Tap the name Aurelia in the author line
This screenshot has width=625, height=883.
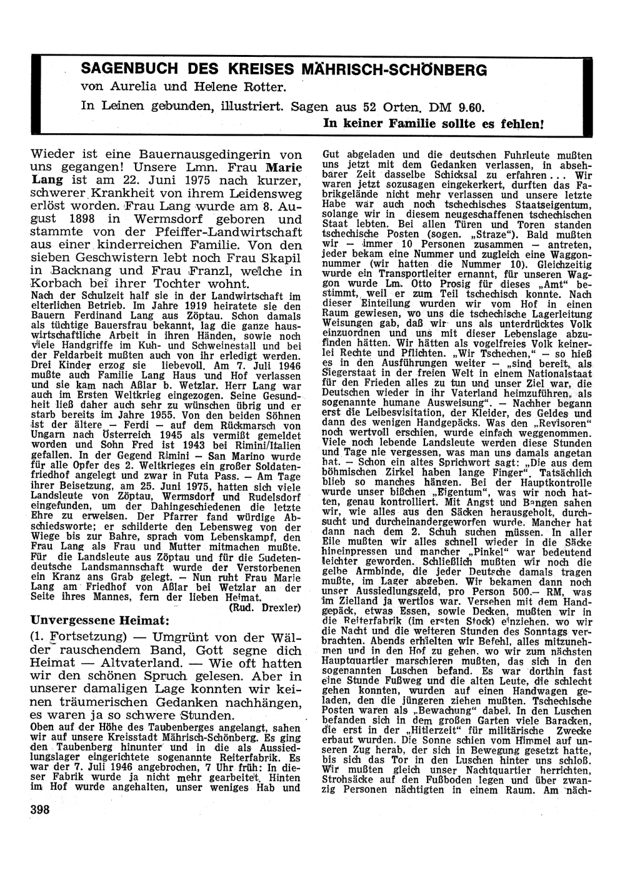coord(122,86)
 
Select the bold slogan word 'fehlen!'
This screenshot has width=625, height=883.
coord(524,124)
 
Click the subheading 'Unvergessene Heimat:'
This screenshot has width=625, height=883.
coord(101,620)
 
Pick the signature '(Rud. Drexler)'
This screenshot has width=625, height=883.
coord(265,607)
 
